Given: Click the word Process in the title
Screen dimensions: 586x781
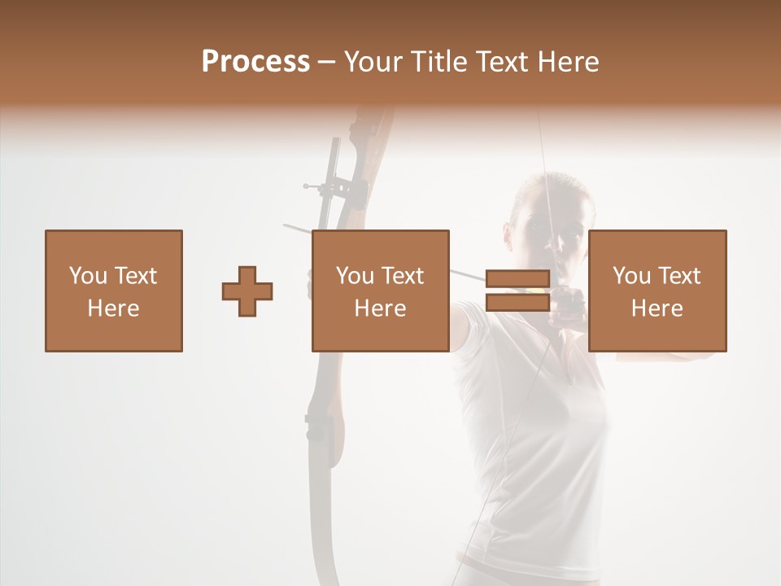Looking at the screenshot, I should pos(255,62).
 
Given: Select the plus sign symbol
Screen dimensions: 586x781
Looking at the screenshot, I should pos(247,291).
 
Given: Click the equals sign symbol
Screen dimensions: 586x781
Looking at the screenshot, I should pos(517,291).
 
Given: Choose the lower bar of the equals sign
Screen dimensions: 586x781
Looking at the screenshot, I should pos(517,303).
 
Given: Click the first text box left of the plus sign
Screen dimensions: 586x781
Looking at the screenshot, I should pos(114,291).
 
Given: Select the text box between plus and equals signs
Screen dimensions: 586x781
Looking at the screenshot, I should pos(381,291).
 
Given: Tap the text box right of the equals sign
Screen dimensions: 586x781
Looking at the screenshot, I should pos(657,291).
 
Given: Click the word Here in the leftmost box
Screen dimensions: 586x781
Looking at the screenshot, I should pos(114,308).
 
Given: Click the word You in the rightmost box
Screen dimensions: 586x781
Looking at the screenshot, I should pos(632,276).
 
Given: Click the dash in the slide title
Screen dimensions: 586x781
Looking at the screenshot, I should pos(327,62).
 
